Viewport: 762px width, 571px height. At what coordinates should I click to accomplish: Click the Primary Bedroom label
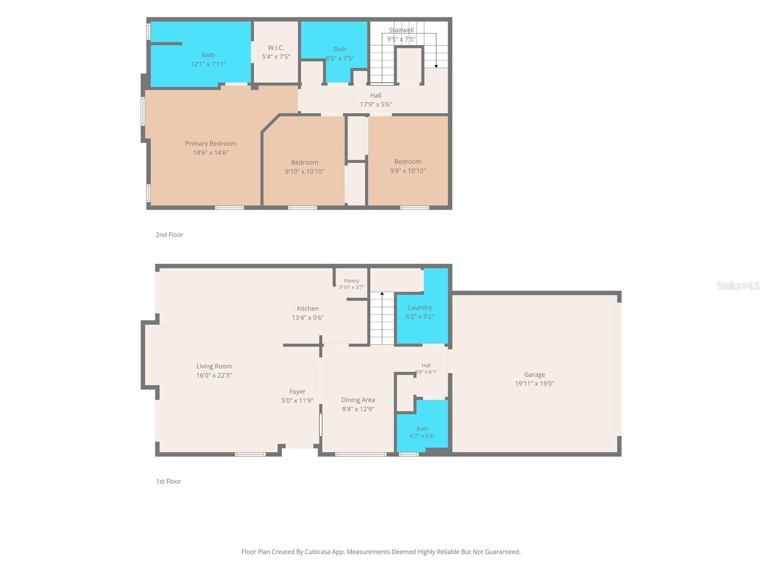211,144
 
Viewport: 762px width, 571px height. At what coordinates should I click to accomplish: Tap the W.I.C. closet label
276,48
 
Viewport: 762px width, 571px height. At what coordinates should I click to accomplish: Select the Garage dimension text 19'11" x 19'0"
534,384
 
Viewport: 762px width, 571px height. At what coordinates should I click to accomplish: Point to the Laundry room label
420,307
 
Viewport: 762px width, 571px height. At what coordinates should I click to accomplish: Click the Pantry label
351,281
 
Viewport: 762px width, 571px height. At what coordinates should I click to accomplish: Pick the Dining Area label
358,400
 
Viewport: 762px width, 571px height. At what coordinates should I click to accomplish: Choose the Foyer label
297,392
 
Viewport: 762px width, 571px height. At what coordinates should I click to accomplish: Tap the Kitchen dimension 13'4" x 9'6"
308,317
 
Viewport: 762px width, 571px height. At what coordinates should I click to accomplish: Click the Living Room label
214,366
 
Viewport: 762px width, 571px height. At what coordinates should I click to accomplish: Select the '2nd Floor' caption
170,235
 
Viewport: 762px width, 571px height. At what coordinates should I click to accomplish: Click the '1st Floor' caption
169,481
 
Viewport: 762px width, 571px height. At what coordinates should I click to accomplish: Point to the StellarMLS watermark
738,285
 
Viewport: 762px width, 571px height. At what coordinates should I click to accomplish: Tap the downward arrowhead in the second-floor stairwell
436,66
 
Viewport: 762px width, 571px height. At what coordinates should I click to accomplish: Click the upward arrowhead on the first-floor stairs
382,294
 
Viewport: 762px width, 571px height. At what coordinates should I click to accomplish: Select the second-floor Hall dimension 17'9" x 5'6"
376,104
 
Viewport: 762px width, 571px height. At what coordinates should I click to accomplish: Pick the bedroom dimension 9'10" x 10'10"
304,171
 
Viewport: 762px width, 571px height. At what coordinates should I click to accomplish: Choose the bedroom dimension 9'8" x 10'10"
408,170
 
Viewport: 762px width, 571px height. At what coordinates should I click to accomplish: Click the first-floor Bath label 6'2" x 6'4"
422,433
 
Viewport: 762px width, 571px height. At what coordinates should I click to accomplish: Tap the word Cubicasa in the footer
317,551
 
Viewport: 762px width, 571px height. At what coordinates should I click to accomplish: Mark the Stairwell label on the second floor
401,30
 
